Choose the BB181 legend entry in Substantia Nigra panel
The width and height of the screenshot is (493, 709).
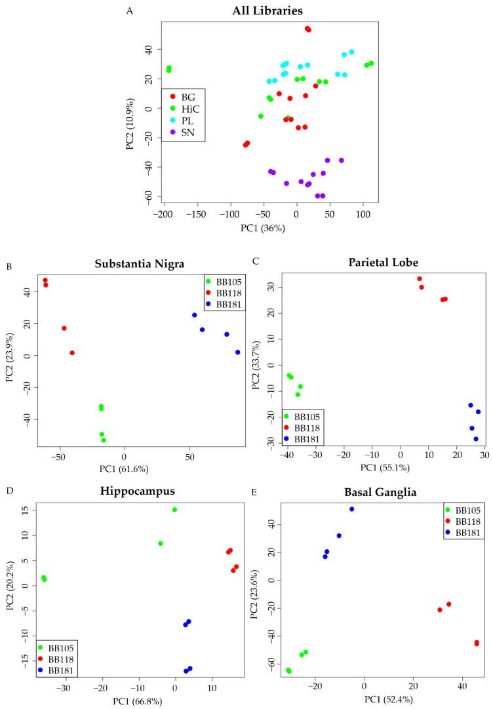point(226,303)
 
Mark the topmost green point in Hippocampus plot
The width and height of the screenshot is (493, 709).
point(174,509)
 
